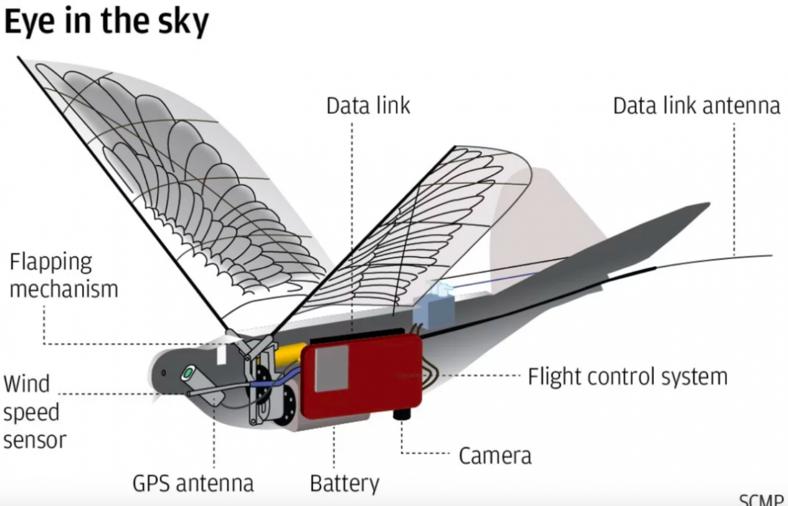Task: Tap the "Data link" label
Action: coord(368,106)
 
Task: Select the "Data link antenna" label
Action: coord(696,106)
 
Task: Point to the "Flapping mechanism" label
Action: coord(63,275)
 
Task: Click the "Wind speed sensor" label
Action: coord(34,412)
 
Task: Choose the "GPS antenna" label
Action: coord(193,483)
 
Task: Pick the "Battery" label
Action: coord(344,483)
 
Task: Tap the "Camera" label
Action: coord(494,456)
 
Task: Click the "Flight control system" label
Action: coord(627,376)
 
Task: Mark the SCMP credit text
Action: coord(763,499)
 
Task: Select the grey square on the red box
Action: coord(331,368)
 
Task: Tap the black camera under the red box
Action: coord(404,414)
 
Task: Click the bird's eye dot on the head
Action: coord(164,373)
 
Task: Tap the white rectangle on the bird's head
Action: coord(222,355)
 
